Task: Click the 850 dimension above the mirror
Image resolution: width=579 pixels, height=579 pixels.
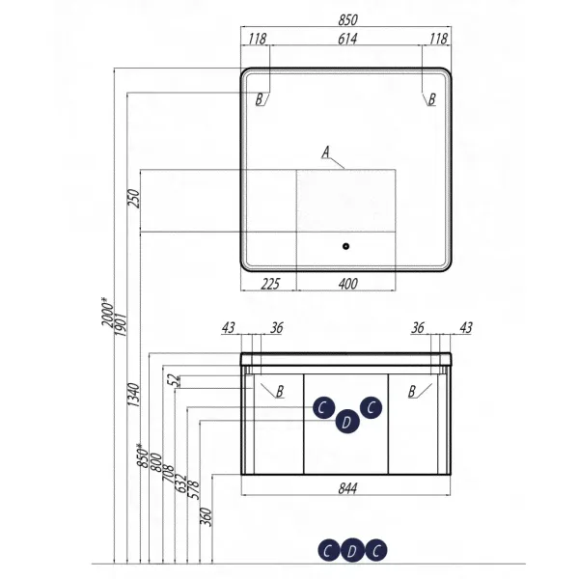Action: coord(347,20)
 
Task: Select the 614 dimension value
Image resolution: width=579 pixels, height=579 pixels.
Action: coord(347,39)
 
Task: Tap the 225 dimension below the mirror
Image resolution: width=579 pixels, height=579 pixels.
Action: coord(270,284)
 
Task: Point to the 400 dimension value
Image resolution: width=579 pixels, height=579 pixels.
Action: coord(347,284)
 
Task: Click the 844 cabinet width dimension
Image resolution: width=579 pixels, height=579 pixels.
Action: coord(347,488)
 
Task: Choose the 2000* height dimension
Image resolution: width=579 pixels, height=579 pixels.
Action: coord(108,312)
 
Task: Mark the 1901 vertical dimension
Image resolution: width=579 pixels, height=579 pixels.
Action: coord(121,324)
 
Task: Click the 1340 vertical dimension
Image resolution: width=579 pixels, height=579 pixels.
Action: coord(133,395)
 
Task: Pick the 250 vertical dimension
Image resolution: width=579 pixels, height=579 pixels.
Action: coord(133,199)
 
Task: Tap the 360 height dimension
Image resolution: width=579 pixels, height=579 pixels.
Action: coord(207,517)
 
